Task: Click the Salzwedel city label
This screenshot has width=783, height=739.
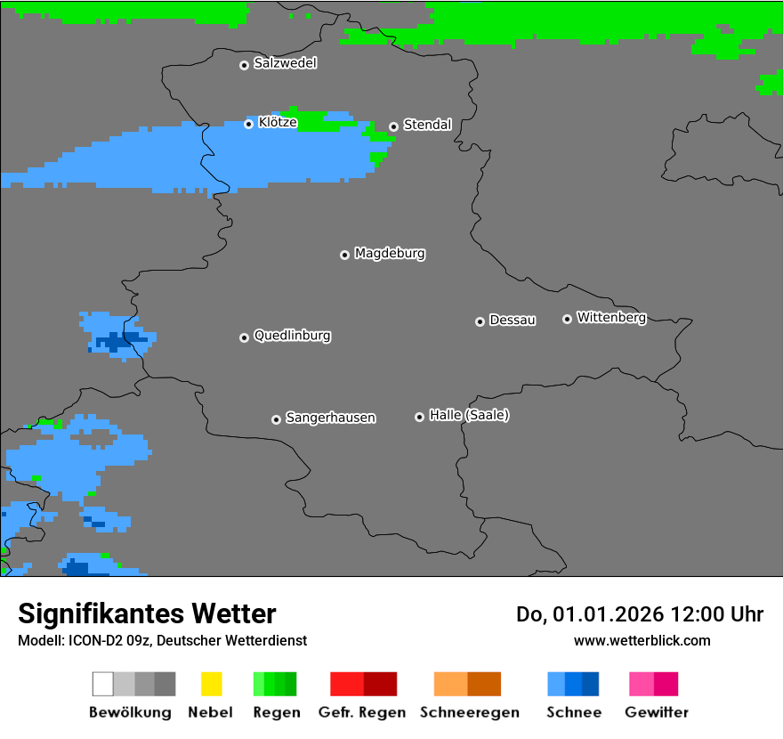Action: pyautogui.click(x=285, y=63)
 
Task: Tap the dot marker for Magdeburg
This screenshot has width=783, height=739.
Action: pyautogui.click(x=344, y=255)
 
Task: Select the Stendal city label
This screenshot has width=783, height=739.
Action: pyautogui.click(x=427, y=125)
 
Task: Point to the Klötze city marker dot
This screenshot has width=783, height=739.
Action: pyautogui.click(x=249, y=124)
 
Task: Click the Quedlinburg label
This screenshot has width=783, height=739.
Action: pyautogui.click(x=292, y=336)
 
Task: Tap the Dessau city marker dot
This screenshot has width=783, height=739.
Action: pyautogui.click(x=480, y=321)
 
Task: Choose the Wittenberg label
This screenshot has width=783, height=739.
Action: pyautogui.click(x=611, y=317)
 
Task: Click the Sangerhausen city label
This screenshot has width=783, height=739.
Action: pyautogui.click(x=330, y=418)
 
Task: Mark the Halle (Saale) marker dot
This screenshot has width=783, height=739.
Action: pyautogui.click(x=419, y=417)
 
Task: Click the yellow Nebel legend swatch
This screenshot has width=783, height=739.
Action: pyautogui.click(x=211, y=684)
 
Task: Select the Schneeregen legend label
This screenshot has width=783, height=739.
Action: pyautogui.click(x=469, y=712)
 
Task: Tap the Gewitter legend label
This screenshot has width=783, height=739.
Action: pyautogui.click(x=657, y=712)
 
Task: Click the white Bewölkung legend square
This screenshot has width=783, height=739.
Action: pyautogui.click(x=103, y=684)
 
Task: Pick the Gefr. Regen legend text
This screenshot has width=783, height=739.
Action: pyautogui.click(x=362, y=712)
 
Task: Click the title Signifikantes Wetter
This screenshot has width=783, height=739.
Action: pyautogui.click(x=147, y=613)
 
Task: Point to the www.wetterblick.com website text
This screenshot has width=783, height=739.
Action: pyautogui.click(x=642, y=640)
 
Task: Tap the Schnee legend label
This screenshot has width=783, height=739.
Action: pyautogui.click(x=574, y=712)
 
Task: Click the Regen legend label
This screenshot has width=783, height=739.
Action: pyautogui.click(x=275, y=712)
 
